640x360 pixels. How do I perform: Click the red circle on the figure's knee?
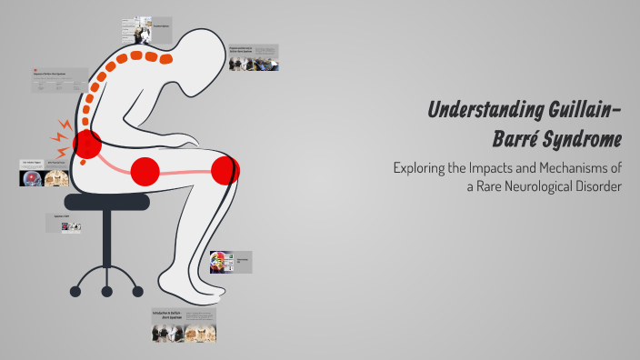pyautogui.click(x=225, y=170)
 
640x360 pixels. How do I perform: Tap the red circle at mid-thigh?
pyautogui.click(x=145, y=170)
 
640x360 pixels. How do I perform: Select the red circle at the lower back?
pyautogui.click(x=87, y=144)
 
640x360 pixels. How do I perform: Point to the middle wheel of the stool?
pyautogui.click(x=107, y=292)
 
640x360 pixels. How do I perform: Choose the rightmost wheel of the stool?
pyautogui.click(x=138, y=291)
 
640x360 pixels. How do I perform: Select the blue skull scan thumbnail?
pyautogui.click(x=32, y=178)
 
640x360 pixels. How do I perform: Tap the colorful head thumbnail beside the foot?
pyautogui.click(x=221, y=263)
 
